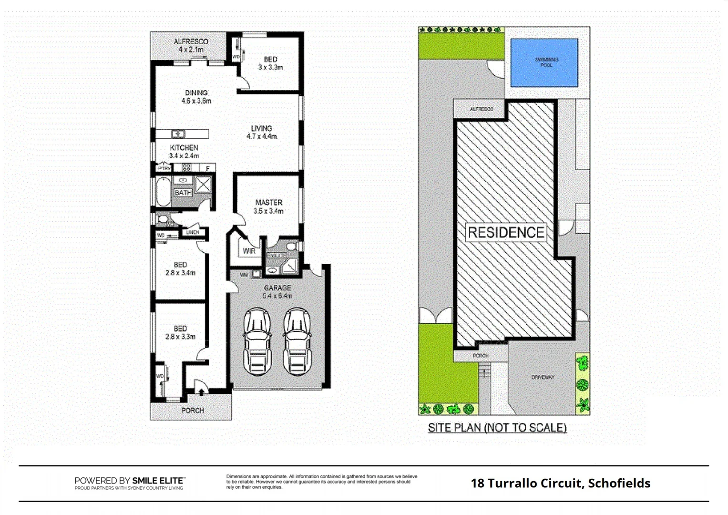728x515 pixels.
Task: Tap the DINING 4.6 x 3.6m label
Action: click(196, 97)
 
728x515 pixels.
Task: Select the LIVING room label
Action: click(261, 132)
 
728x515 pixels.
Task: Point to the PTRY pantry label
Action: click(164, 168)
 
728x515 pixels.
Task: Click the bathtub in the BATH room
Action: click(163, 191)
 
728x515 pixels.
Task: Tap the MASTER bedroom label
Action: click(268, 206)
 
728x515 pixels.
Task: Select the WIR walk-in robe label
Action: click(249, 251)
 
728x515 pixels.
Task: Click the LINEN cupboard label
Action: click(193, 232)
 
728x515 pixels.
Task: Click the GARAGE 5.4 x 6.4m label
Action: click(277, 291)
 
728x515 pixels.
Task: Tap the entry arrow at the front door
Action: click(201, 392)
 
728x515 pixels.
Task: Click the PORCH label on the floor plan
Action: click(193, 410)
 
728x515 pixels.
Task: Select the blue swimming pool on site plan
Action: click(544, 62)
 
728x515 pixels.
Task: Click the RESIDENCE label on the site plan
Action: click(506, 233)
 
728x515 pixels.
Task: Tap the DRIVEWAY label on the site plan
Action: click(543, 377)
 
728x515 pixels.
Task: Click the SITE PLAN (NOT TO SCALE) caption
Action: click(497, 428)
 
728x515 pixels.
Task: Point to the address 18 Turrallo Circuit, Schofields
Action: click(560, 483)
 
